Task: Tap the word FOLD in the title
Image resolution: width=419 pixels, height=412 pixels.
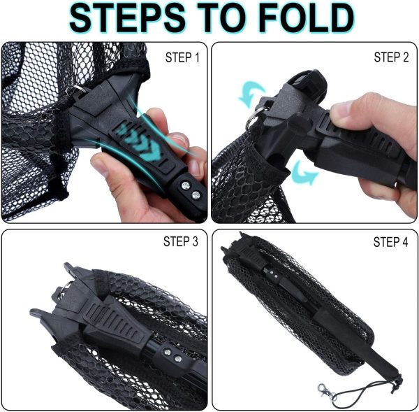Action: click(307, 18)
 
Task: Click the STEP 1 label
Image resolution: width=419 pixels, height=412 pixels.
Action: click(182, 57)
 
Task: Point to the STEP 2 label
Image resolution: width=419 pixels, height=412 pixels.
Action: click(391, 57)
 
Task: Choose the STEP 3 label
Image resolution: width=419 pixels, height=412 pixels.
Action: click(181, 241)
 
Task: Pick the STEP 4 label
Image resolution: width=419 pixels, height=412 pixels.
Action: click(390, 242)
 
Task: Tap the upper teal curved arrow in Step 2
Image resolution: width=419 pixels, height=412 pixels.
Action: click(251, 94)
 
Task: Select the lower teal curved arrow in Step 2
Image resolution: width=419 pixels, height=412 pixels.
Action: click(304, 173)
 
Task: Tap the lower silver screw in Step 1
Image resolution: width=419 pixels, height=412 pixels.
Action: click(196, 195)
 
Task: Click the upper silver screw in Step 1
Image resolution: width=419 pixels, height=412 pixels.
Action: click(186, 185)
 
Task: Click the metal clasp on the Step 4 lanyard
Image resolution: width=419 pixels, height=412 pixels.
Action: click(326, 392)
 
